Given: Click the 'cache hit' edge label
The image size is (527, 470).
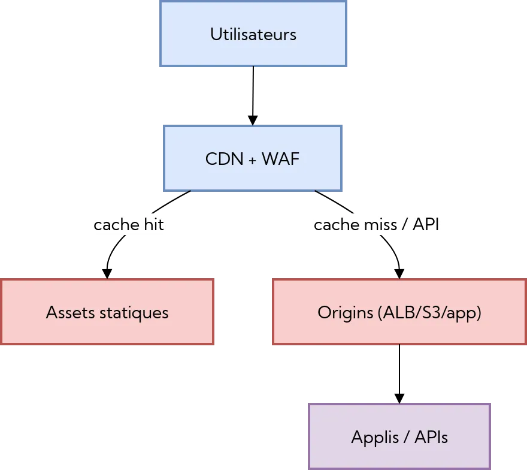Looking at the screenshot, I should [129, 225].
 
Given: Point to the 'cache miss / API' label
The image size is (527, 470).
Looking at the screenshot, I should [377, 225].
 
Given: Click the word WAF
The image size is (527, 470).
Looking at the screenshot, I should [280, 159].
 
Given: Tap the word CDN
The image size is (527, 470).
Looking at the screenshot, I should [224, 159].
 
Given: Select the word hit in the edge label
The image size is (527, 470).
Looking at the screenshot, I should [153, 225].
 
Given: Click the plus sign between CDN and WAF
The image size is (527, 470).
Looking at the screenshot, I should [252, 159].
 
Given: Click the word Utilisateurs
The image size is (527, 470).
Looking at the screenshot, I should [253, 34].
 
